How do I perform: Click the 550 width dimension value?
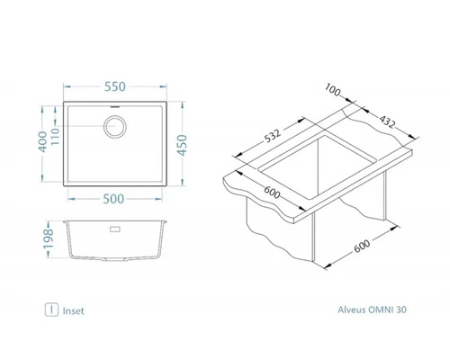coord(115,86)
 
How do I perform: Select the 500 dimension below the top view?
coord(113,199)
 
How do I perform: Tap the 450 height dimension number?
coord(182,145)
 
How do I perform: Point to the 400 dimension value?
coord(43,141)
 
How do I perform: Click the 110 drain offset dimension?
coord(55,136)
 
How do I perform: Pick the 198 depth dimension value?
coord(49,238)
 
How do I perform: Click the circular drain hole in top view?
coord(115,127)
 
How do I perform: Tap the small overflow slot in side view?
coord(115,229)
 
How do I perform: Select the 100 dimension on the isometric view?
coord(332,90)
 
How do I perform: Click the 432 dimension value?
coord(387,121)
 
